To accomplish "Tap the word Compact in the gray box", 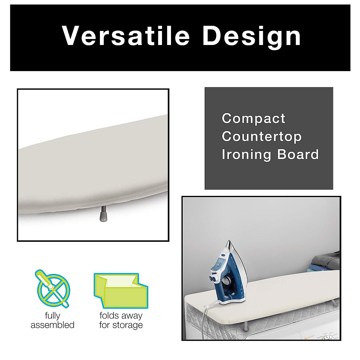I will click(253, 118).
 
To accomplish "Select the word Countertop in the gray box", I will click(262, 137).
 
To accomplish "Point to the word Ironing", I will click(247, 155).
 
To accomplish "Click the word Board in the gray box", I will click(298, 154).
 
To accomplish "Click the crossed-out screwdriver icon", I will click(53, 288).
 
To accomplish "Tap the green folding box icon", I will click(121, 290).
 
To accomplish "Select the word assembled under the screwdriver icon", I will click(52, 325).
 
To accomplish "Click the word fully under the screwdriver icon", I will click(52, 316).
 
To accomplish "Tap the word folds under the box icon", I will click(110, 316).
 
